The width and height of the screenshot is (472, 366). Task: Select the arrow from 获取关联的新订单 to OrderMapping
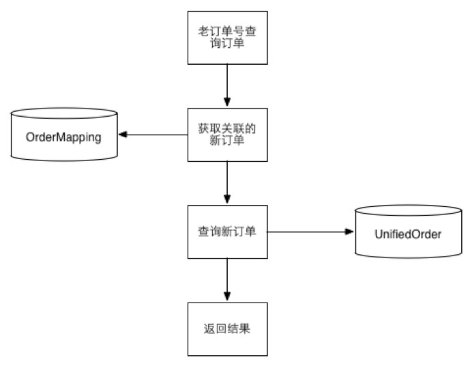tap(153, 135)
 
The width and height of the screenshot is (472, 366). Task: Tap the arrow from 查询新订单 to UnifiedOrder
tap(310, 231)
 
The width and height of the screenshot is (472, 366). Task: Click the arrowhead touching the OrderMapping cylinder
tap(123, 135)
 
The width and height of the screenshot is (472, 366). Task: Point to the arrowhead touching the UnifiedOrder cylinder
tap(349, 231)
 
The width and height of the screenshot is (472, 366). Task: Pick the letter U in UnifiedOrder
tap(378, 234)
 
